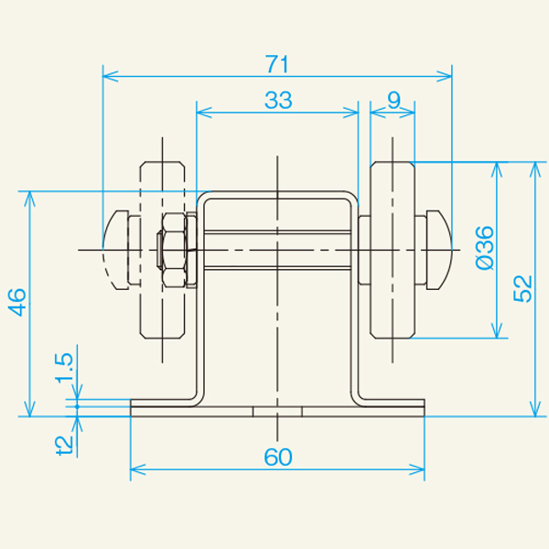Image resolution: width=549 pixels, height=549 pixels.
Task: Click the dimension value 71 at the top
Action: (x=277, y=64)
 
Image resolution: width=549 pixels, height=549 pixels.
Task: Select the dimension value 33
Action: (x=277, y=101)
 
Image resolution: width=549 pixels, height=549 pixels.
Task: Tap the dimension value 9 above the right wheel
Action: (x=393, y=101)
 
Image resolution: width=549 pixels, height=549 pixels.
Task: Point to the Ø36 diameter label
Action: (x=485, y=247)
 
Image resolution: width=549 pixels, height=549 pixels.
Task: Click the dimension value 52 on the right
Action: (x=522, y=288)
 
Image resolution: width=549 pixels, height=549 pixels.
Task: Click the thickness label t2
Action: (x=65, y=444)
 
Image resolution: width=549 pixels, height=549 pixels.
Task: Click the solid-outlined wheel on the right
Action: (x=393, y=250)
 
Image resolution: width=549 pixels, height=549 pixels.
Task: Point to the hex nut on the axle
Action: (x=174, y=250)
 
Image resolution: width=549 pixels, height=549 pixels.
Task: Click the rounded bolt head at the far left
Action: (x=114, y=250)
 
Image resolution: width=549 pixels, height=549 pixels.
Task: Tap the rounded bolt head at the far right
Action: (x=437, y=250)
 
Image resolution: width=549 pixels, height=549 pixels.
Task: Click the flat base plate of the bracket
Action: (x=277, y=409)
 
